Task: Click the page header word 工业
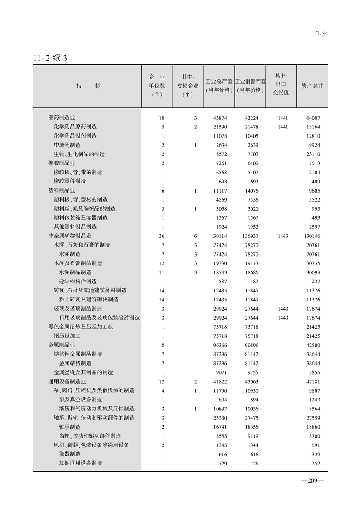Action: [x=321, y=33]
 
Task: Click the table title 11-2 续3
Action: [x=50, y=58]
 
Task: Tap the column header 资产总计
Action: [x=312, y=85]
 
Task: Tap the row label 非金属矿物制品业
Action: [x=69, y=236]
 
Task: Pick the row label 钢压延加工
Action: [x=67, y=336]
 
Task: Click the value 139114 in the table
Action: [x=218, y=236]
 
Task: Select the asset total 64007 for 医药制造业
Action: [x=313, y=118]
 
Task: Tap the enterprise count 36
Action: [x=162, y=236]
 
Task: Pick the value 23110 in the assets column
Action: [x=313, y=154]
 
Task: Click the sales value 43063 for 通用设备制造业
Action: [x=251, y=381]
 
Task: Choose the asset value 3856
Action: [x=314, y=372]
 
